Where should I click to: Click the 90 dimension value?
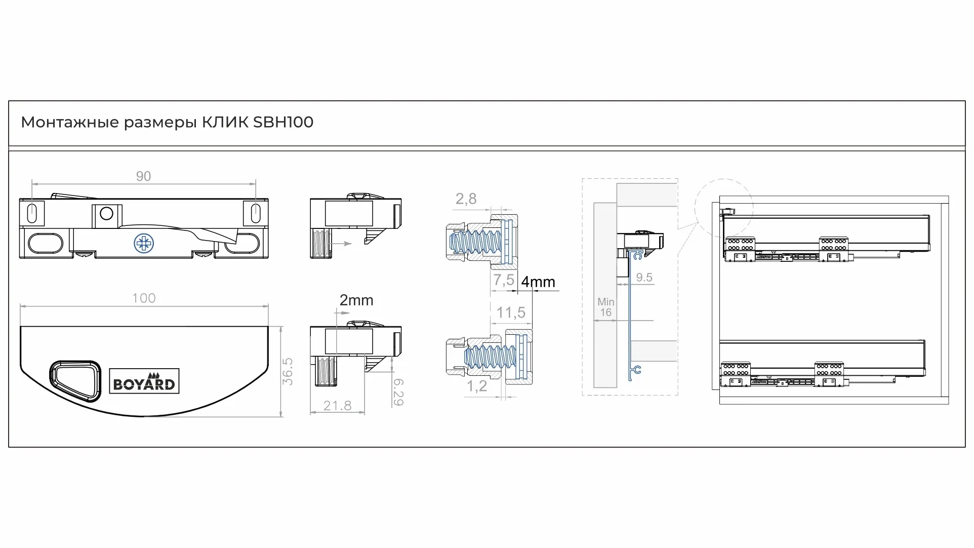point(143,176)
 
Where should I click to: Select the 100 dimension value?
point(144,298)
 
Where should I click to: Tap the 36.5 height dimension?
point(288,371)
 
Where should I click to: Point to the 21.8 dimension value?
point(337,406)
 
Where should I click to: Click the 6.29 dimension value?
point(398,392)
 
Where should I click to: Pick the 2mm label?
point(356,300)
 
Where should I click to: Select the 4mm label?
point(538,282)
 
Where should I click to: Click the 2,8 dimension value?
point(466,199)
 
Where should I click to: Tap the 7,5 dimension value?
point(504,280)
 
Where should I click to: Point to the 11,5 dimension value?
point(511,312)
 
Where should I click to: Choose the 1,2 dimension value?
point(476,386)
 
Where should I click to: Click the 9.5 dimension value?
point(644,278)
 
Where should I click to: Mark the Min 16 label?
point(605,307)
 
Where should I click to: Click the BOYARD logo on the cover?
point(144,381)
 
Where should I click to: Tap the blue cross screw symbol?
point(144,243)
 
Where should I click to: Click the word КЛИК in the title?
point(225,123)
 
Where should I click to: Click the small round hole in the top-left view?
point(106,214)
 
